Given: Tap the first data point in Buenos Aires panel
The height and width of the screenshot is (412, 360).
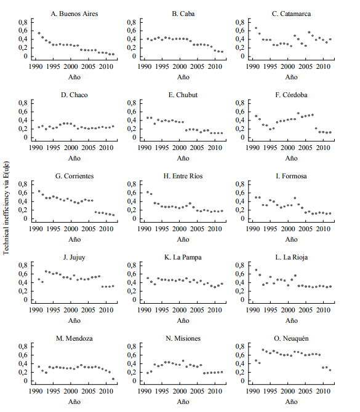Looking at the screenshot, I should pos(39,33).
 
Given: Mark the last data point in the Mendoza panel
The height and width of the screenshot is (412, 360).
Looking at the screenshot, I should pos(113,379).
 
